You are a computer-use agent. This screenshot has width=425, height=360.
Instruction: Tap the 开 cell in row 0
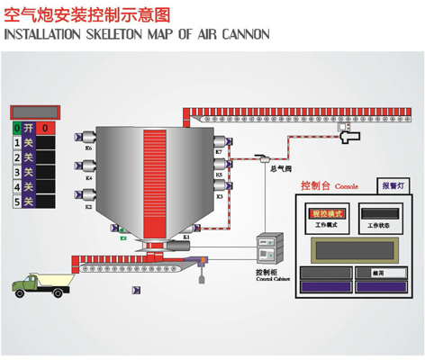(29, 129)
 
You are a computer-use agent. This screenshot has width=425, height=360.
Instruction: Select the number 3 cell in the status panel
(16, 172)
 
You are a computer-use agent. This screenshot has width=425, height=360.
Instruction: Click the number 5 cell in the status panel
(16, 202)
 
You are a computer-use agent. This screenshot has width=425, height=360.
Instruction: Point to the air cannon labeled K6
(89, 137)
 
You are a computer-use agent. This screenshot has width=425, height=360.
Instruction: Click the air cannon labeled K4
(89, 166)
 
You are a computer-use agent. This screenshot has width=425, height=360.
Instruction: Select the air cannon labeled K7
(220, 140)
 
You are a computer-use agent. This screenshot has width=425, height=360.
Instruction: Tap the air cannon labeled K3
(220, 184)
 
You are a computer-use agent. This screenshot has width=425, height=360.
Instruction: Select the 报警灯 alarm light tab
(394, 185)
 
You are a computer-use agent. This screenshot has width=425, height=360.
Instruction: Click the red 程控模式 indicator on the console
(323, 213)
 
